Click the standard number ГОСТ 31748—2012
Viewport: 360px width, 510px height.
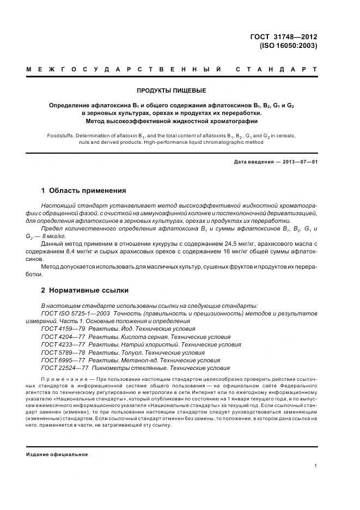(283, 37)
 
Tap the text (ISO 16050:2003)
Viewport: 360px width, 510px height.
(288, 46)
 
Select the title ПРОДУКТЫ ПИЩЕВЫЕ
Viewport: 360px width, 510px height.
(170, 90)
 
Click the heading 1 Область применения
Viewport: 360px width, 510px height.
(83, 191)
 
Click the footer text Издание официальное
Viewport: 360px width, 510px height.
(57, 454)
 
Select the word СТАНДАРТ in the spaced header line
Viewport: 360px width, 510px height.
(277, 70)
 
